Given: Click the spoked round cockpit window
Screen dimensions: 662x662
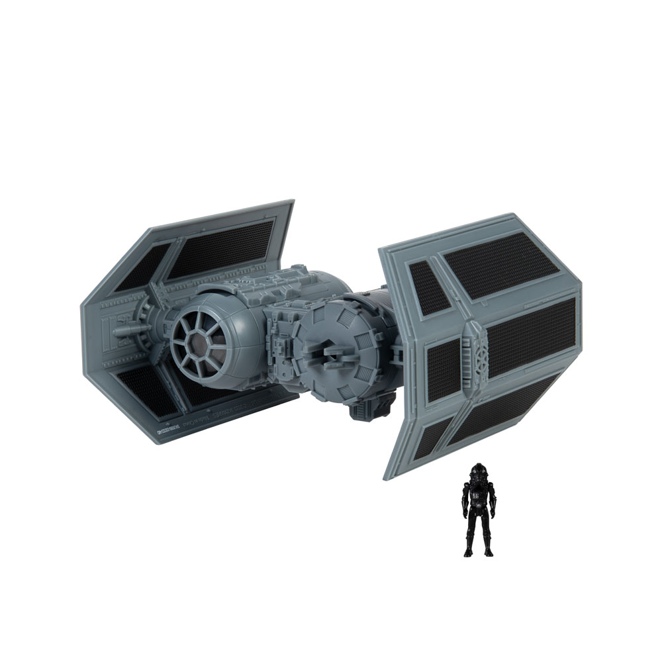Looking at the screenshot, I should (x=203, y=340).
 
